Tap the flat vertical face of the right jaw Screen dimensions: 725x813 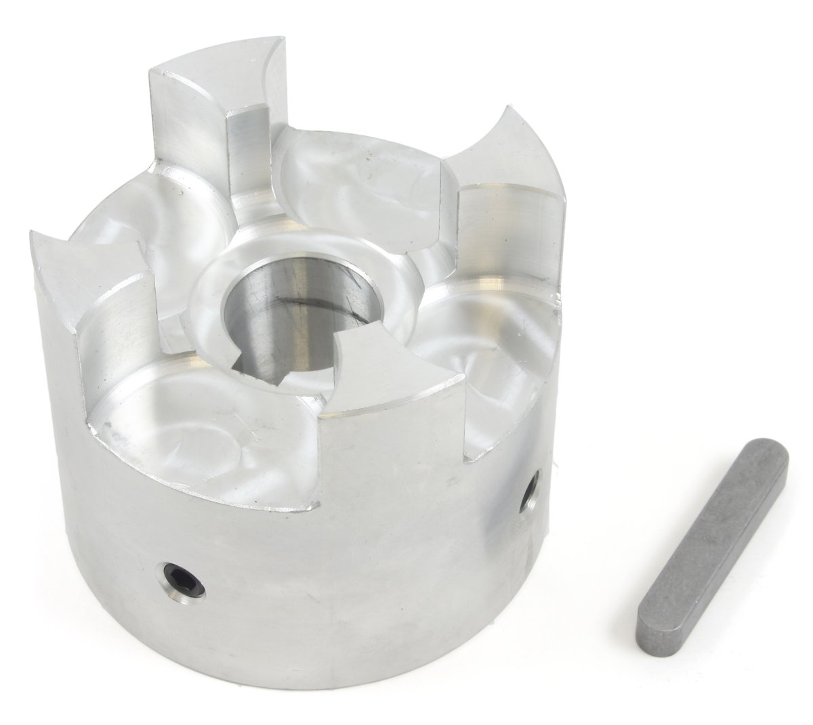click(x=508, y=230)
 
